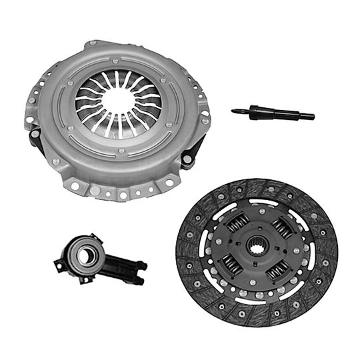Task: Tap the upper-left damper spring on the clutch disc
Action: (x=237, y=223)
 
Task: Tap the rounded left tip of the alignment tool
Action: (x=235, y=111)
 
